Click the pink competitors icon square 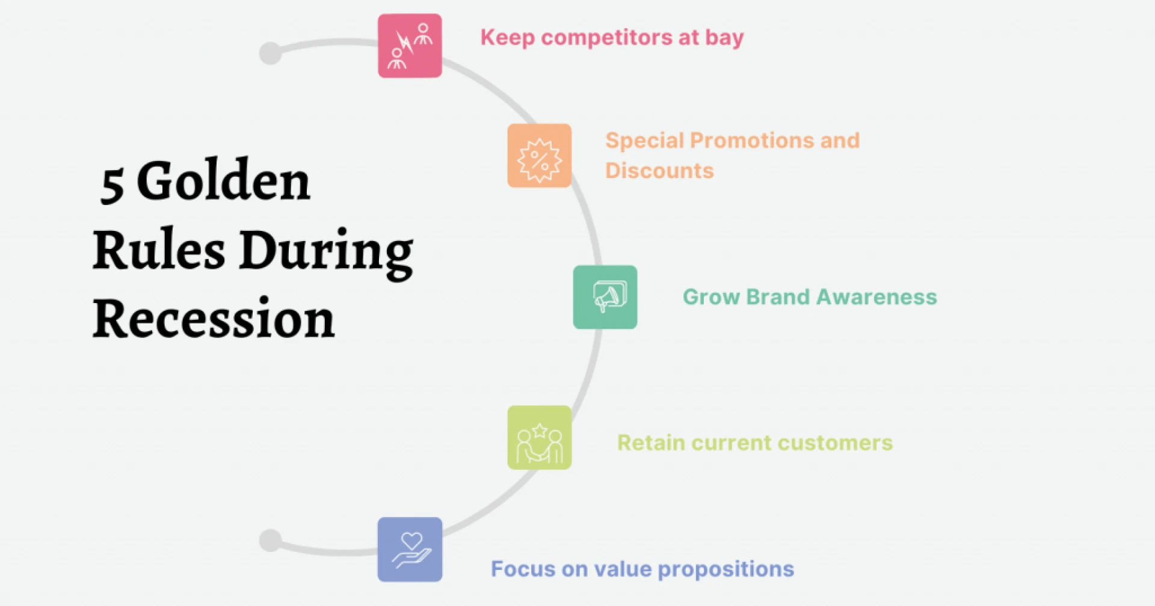coord(410,46)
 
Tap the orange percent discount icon coord(539,156)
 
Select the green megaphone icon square coord(605,297)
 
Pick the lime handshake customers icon coord(539,437)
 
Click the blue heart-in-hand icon coord(410,549)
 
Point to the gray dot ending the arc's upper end coord(270,53)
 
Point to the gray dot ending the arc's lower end coord(270,540)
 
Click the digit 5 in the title coord(112,184)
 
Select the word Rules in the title coord(159,249)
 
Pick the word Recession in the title coord(214,319)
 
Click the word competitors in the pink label coord(606,37)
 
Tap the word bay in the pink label coord(724,38)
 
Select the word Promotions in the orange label coord(751,141)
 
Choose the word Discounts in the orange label coord(659,171)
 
